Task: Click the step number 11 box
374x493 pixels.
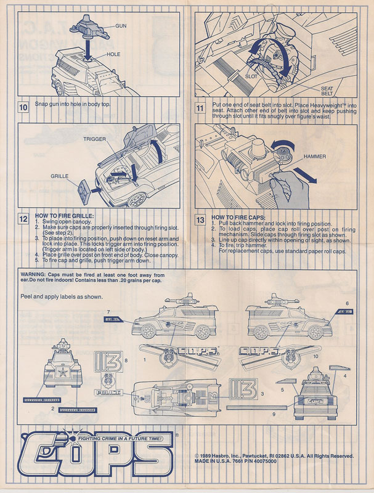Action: tap(200, 107)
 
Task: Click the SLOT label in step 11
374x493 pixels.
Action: tap(251, 77)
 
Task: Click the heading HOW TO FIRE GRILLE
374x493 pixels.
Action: tap(65, 216)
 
